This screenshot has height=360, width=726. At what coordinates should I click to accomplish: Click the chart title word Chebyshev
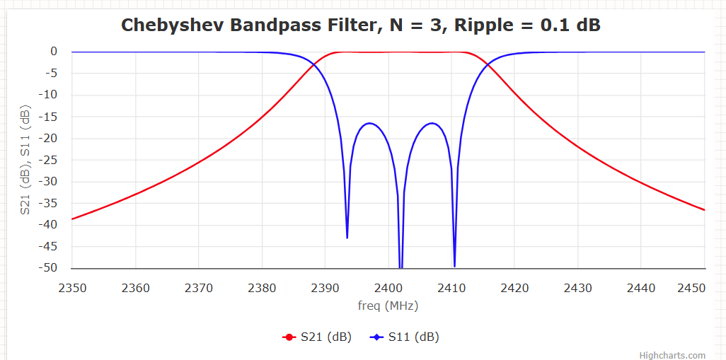click(x=167, y=25)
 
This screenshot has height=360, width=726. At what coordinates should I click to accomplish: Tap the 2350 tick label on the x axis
click(x=72, y=288)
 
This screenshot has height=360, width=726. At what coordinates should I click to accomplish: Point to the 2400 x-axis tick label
click(x=388, y=288)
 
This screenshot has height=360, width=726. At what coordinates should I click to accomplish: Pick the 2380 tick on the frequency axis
click(x=262, y=288)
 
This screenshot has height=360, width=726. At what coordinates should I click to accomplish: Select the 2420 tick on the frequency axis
click(x=514, y=288)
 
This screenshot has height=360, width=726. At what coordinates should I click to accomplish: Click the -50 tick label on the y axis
click(x=48, y=268)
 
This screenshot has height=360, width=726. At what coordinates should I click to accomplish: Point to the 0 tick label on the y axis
click(x=54, y=52)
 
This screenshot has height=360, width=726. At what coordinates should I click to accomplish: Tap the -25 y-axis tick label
click(x=48, y=160)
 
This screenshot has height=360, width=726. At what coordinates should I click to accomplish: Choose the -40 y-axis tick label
click(x=48, y=225)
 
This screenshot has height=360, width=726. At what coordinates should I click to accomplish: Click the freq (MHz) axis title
click(x=388, y=306)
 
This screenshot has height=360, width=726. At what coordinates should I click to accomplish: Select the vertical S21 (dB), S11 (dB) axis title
click(x=25, y=160)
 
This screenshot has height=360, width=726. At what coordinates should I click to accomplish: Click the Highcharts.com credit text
click(x=672, y=355)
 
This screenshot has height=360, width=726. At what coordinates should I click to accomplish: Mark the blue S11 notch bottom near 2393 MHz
click(x=347, y=238)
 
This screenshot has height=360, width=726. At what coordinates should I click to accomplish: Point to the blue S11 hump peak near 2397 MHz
click(x=369, y=123)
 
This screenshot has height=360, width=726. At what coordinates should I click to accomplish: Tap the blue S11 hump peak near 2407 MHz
click(x=432, y=123)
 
